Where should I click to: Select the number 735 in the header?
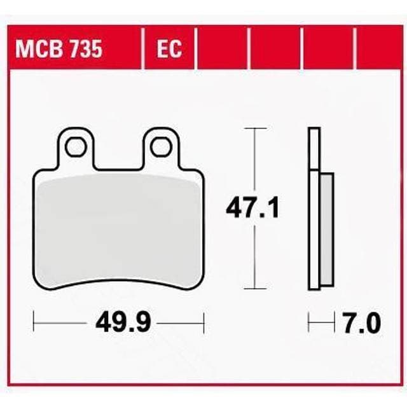point(84,49)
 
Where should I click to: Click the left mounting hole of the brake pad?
point(76,147)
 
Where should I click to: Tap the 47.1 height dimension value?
point(252,209)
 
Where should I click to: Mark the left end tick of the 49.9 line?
point(34,323)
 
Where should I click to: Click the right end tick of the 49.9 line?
point(203,323)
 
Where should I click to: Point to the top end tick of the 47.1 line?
point(255,129)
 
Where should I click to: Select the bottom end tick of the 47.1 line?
point(255,289)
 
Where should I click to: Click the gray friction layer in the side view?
point(324,229)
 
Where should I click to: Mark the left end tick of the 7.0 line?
point(308,323)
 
